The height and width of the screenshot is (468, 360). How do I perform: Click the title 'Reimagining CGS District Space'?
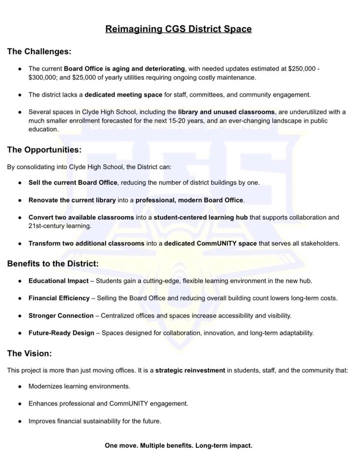(178, 29)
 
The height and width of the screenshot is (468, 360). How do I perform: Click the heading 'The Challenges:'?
(39, 52)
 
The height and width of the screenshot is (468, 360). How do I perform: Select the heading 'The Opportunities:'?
(44, 150)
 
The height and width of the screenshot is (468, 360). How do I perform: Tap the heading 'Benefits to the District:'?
(52, 263)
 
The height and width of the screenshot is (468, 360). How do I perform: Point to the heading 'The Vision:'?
(29, 353)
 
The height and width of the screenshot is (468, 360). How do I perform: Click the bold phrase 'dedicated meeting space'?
(123, 95)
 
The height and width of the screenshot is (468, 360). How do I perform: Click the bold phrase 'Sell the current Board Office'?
(73, 183)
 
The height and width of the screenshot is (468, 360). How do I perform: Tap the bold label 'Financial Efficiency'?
(58, 298)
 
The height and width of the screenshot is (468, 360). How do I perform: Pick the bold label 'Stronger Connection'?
(61, 316)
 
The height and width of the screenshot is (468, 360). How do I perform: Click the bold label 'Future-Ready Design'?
(61, 333)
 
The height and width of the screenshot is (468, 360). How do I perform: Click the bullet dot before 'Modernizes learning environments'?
(19, 386)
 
